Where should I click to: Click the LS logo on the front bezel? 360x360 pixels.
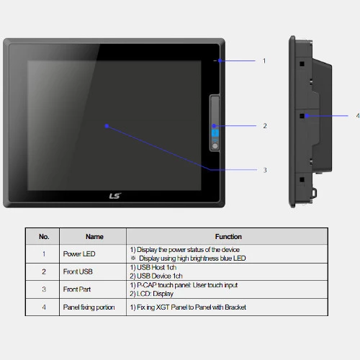pyautogui.click(x=115, y=196)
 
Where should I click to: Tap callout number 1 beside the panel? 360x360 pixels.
pyautogui.click(x=264, y=61)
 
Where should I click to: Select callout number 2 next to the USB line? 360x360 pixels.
pyautogui.click(x=265, y=126)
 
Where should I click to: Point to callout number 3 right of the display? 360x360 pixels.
pyautogui.click(x=265, y=170)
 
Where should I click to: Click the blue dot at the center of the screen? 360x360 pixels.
pyautogui.click(x=107, y=126)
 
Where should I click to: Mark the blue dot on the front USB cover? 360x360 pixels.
pyautogui.click(x=214, y=126)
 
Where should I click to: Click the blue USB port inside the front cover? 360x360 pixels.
pyautogui.click(x=215, y=133)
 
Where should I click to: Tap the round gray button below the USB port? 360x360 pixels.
pyautogui.click(x=215, y=145)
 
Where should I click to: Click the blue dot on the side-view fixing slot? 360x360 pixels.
pyautogui.click(x=307, y=116)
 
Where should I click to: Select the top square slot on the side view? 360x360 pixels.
pyautogui.click(x=302, y=64)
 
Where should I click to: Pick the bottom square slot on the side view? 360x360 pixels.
pyautogui.click(x=302, y=179)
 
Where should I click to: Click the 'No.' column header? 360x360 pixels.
pyautogui.click(x=44, y=237)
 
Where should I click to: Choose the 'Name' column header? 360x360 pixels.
pyautogui.click(x=94, y=237)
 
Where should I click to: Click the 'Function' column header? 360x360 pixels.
pyautogui.click(x=228, y=237)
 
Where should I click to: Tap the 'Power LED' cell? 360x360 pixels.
pyautogui.click(x=79, y=254)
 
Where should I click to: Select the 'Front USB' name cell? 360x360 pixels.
pyautogui.click(x=78, y=271)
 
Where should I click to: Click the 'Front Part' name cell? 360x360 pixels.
pyautogui.click(x=77, y=289)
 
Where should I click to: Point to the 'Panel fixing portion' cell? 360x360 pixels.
pyautogui.click(x=89, y=307)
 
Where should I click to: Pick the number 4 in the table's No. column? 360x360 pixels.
pyautogui.click(x=44, y=307)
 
